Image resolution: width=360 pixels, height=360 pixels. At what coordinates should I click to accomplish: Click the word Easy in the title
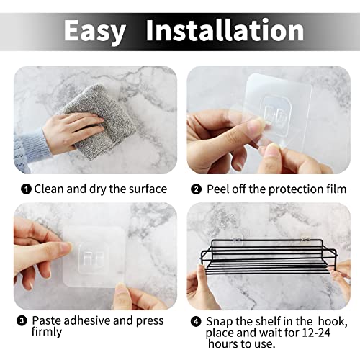pyautogui.click(x=95, y=31)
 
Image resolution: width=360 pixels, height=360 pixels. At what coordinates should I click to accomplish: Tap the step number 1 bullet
pyautogui.click(x=27, y=189)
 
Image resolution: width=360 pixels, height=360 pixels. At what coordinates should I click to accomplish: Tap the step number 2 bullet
pyautogui.click(x=197, y=189)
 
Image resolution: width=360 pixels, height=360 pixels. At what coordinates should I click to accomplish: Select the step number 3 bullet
pyautogui.click(x=22, y=321)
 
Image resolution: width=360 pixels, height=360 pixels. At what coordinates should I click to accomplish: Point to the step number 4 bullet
pyautogui.click(x=196, y=322)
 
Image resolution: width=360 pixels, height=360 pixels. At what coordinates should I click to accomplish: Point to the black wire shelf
pyautogui.click(x=269, y=256)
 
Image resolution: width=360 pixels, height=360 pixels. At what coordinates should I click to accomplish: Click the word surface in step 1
pyautogui.click(x=148, y=189)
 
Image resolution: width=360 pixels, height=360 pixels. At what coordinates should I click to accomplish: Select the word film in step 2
pyautogui.click(x=336, y=189)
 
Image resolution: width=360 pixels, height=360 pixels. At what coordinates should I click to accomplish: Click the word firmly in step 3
pyautogui.click(x=47, y=333)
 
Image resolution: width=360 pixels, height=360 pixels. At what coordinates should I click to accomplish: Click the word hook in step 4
pyautogui.click(x=333, y=322)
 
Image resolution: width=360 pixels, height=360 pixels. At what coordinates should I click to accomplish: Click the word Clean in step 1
pyautogui.click(x=49, y=189)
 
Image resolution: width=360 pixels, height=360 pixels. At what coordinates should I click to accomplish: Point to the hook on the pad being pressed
pyautogui.click(x=94, y=258)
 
